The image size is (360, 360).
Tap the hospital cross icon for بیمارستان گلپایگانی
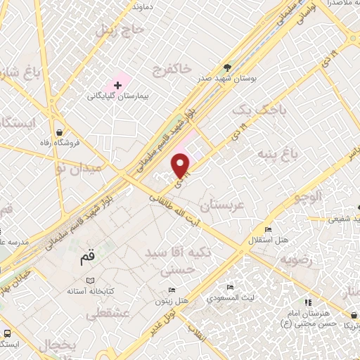(117, 85)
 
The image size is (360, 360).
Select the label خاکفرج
(175, 68)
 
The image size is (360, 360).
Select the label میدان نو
(77, 169)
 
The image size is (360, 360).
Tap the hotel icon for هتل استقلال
(267, 230)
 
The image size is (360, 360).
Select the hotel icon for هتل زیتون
(172, 290)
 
